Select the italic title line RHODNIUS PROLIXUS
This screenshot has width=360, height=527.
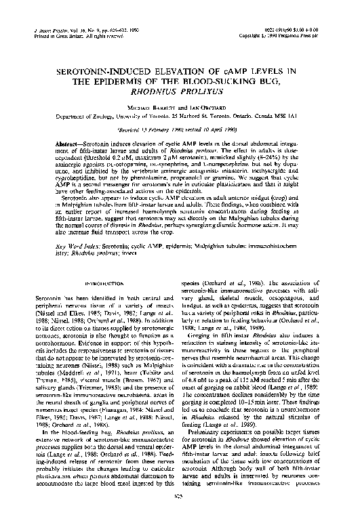tap(180, 94)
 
